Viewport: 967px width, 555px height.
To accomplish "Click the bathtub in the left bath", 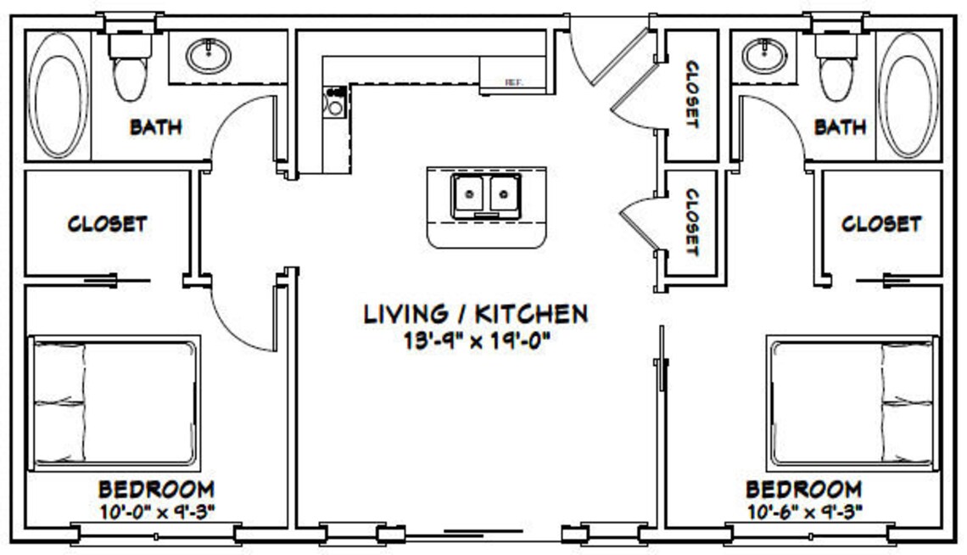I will (58, 94).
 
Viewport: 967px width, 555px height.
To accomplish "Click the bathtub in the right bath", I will (908, 94).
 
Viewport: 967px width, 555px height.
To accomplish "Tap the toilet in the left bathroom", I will (130, 71).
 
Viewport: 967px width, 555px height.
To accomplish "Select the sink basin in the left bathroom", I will (208, 57).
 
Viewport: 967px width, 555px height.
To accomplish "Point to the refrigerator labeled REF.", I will (512, 76).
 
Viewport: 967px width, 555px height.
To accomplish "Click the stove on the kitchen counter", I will (335, 103).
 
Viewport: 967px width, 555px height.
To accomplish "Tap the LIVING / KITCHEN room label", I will (475, 314).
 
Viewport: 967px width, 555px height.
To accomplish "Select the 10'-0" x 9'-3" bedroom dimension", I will (157, 511).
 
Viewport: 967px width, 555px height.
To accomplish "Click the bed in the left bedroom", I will (115, 402).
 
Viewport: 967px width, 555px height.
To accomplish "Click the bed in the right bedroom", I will (852, 402).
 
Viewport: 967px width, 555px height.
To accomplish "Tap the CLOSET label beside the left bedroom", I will (107, 224).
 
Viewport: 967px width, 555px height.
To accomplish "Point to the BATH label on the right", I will (840, 127).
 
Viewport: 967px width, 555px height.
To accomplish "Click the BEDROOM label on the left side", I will (156, 490).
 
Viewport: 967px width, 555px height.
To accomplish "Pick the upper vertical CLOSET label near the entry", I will (691, 94).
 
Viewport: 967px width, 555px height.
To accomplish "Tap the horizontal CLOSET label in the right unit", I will (880, 224).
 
